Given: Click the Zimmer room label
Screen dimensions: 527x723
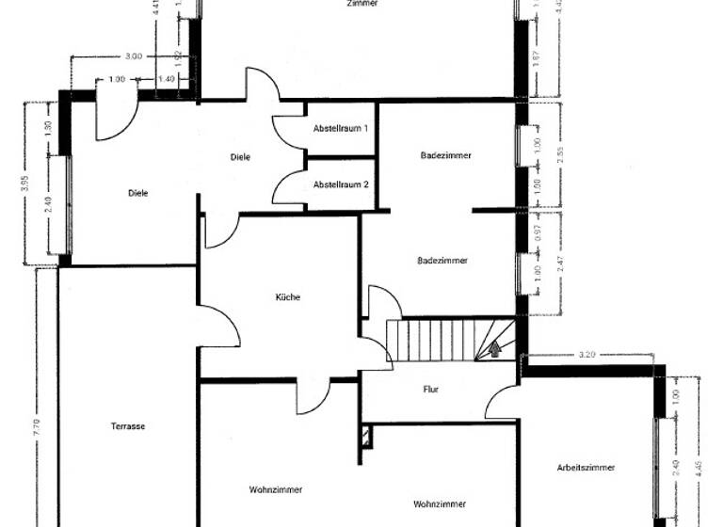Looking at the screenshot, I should [362, 4].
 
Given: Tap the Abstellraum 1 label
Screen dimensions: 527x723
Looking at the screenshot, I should [341, 127].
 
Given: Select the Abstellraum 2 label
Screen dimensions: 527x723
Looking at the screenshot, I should [341, 184].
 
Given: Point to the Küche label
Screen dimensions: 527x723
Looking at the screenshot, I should [288, 297].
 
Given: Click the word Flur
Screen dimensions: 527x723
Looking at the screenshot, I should [431, 388].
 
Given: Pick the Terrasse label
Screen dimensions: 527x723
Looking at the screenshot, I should [127, 426].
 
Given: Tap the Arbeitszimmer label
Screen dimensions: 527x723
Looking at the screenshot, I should [586, 467].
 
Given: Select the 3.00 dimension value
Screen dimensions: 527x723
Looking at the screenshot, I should [133, 56].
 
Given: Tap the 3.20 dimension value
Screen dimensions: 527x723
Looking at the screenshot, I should [586, 356].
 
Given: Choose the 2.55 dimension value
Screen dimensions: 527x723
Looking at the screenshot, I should [561, 155].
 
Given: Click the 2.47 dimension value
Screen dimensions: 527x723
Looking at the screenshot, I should [561, 263].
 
